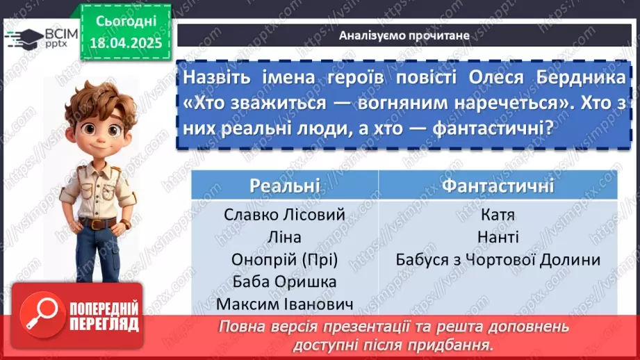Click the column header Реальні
[x=285, y=186]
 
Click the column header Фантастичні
[x=498, y=186]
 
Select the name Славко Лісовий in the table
[x=285, y=215]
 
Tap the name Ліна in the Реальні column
[x=284, y=237]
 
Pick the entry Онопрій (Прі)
[x=285, y=259]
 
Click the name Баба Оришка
[x=285, y=281]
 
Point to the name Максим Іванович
[x=285, y=304]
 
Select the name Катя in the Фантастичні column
[x=498, y=215]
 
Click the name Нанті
[x=498, y=237]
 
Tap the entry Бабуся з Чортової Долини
[x=498, y=259]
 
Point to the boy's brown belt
[x=97, y=224]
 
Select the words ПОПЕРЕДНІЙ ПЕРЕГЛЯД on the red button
[x=104, y=316]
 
